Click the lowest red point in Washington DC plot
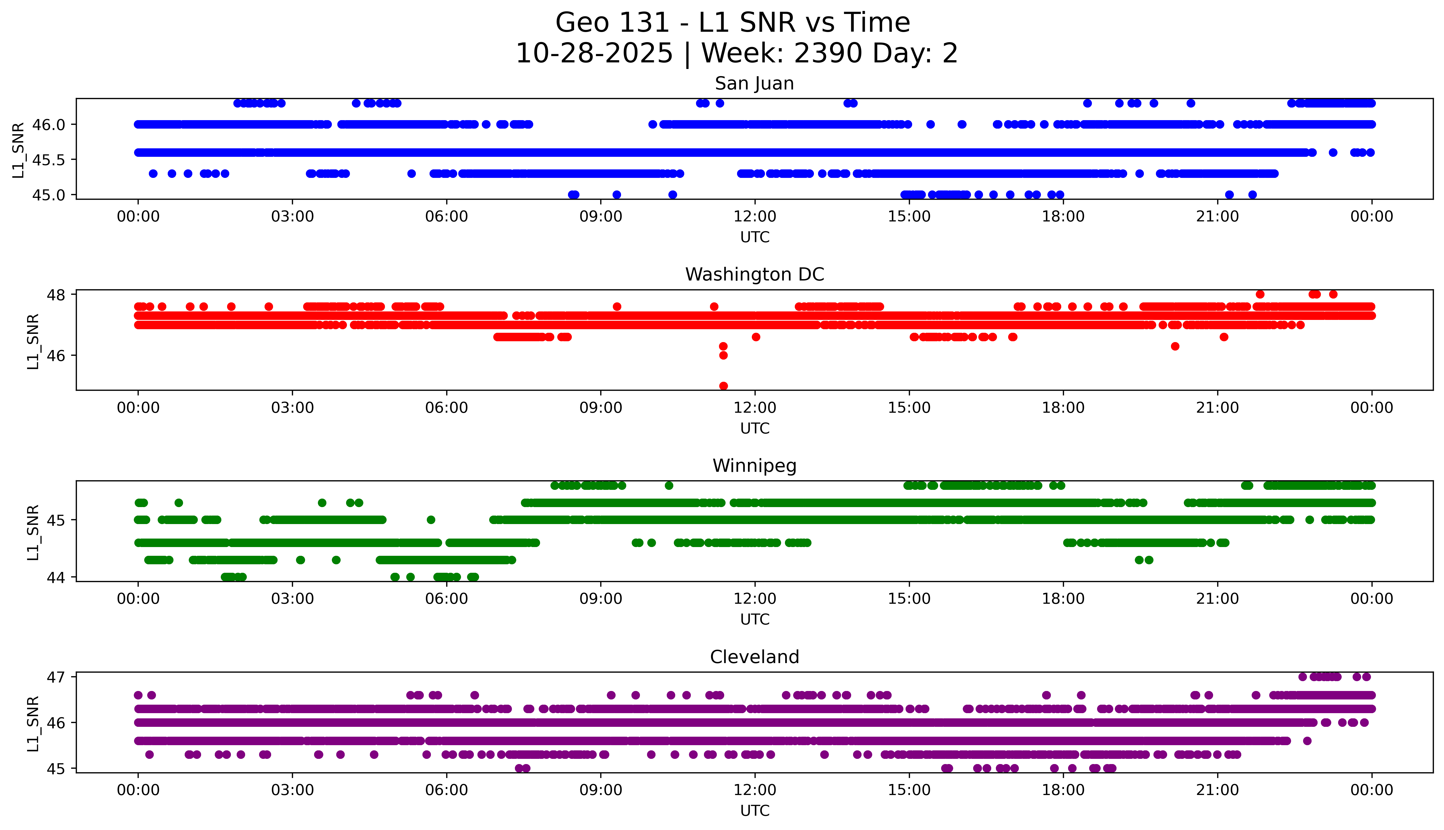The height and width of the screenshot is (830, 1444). pos(723,386)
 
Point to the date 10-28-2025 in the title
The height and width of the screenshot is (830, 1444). pos(594,54)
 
